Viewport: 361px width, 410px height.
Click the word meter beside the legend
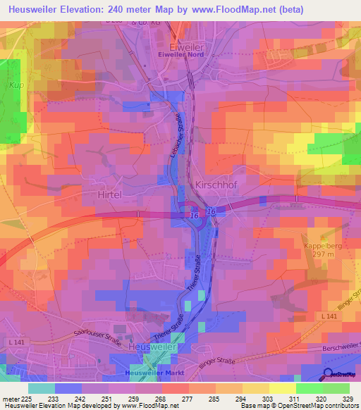pos(10,398)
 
